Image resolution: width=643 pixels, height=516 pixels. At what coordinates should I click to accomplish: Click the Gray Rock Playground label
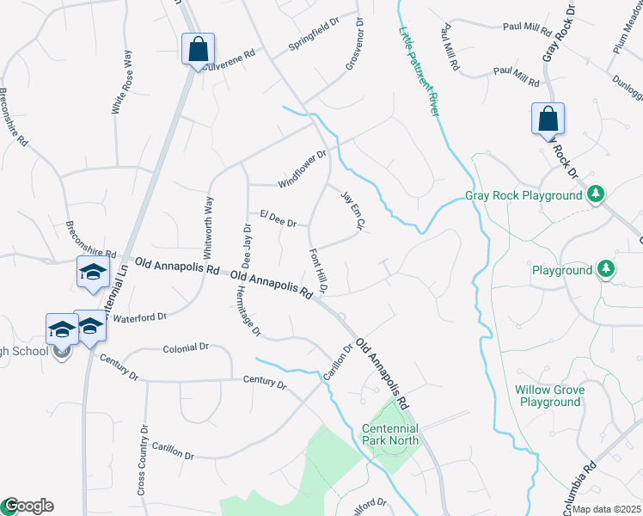524,195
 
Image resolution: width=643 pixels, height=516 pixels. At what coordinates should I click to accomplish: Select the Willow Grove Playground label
550,396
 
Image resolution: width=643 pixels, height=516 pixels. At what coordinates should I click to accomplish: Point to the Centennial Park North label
390,434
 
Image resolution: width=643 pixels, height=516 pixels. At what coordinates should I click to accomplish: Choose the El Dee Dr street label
278,218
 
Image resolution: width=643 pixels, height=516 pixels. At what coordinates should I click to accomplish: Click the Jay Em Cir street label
354,211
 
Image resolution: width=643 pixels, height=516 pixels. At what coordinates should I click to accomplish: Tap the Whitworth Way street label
209,222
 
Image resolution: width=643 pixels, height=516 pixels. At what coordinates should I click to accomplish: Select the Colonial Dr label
186,347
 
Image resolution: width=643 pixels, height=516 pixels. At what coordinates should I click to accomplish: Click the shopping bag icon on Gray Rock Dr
548,120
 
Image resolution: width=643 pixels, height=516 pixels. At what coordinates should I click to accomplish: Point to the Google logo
28,506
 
